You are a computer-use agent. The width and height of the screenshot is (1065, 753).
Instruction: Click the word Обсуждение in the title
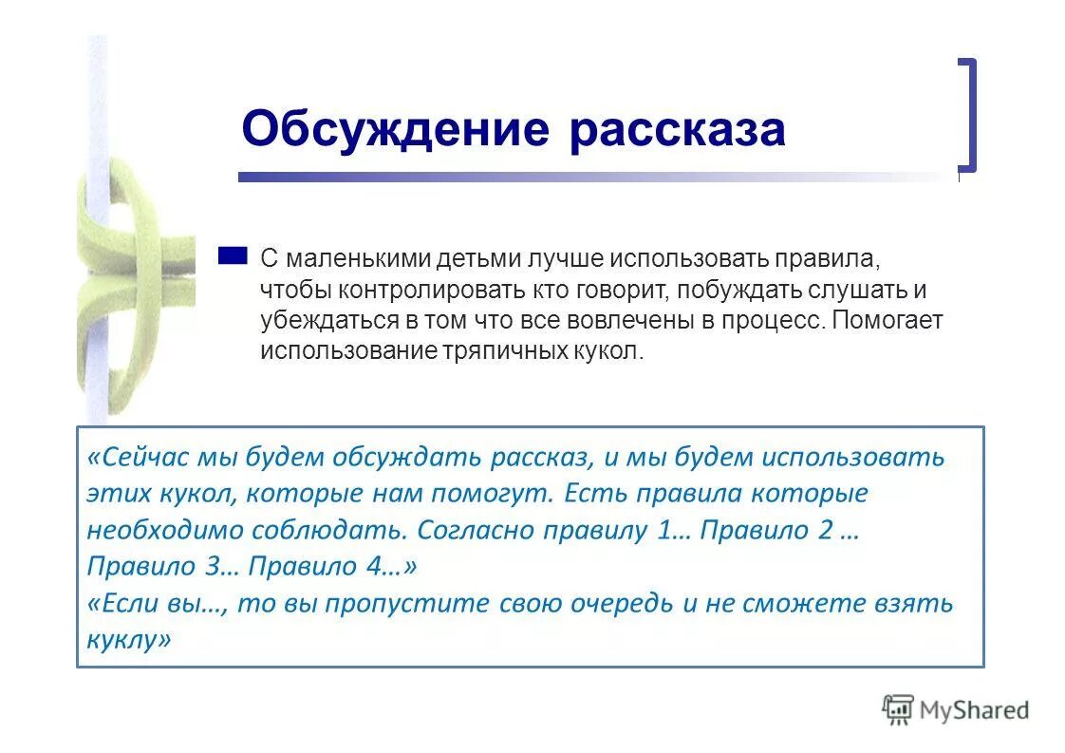395,129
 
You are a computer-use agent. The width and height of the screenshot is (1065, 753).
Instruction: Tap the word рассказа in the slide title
677,129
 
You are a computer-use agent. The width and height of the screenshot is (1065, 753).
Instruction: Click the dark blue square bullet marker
232,255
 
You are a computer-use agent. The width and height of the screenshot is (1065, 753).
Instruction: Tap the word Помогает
887,321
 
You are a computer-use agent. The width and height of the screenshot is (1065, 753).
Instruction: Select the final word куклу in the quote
123,639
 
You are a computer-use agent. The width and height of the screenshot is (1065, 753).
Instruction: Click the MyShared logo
955,709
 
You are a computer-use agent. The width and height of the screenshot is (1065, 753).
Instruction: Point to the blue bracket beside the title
966,114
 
